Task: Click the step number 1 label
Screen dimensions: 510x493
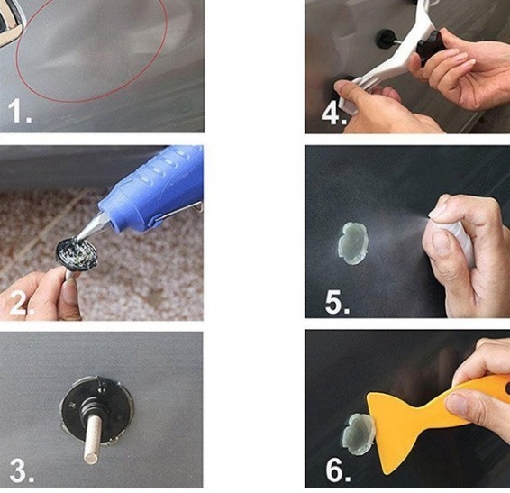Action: tap(19, 111)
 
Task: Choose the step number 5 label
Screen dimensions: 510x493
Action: tap(337, 302)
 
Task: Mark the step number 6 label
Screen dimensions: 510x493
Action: tap(338, 470)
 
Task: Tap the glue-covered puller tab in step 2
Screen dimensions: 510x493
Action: tap(77, 254)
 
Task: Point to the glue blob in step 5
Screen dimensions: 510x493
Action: tap(353, 242)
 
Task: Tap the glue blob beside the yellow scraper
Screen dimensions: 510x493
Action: tap(357, 434)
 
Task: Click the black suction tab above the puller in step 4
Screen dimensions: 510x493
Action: tap(386, 39)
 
